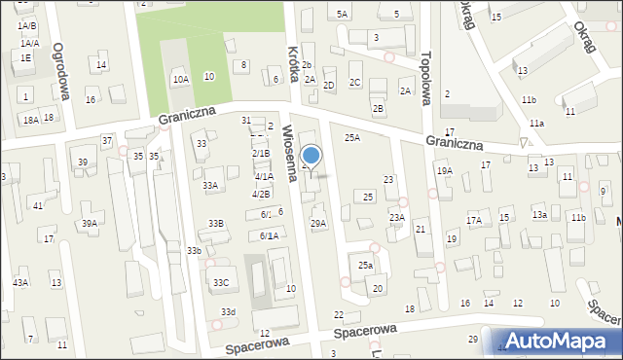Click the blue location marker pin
tap(311, 156)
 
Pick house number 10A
tap(180, 79)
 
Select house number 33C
tap(221, 283)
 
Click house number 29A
tap(318, 224)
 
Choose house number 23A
tap(397, 218)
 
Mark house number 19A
tap(445, 171)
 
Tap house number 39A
tap(89, 224)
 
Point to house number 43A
tap(20, 282)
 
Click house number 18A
tap(31, 120)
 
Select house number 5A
tap(342, 15)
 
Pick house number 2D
tap(329, 86)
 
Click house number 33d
tap(228, 311)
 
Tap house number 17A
tap(474, 221)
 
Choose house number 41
tap(37, 205)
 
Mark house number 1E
tap(25, 58)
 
